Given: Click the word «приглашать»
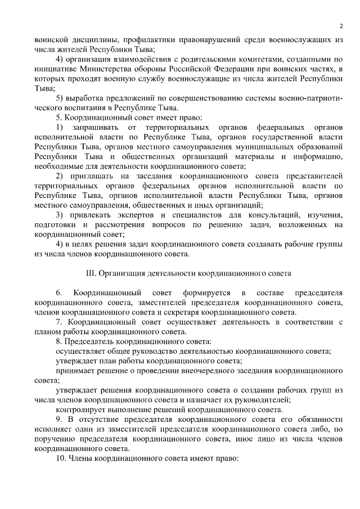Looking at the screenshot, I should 94,175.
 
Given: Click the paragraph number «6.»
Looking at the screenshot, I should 59,292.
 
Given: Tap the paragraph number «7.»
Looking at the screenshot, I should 59,322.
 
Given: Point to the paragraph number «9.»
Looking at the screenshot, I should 59,420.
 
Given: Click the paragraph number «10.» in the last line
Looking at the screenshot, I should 61,458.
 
